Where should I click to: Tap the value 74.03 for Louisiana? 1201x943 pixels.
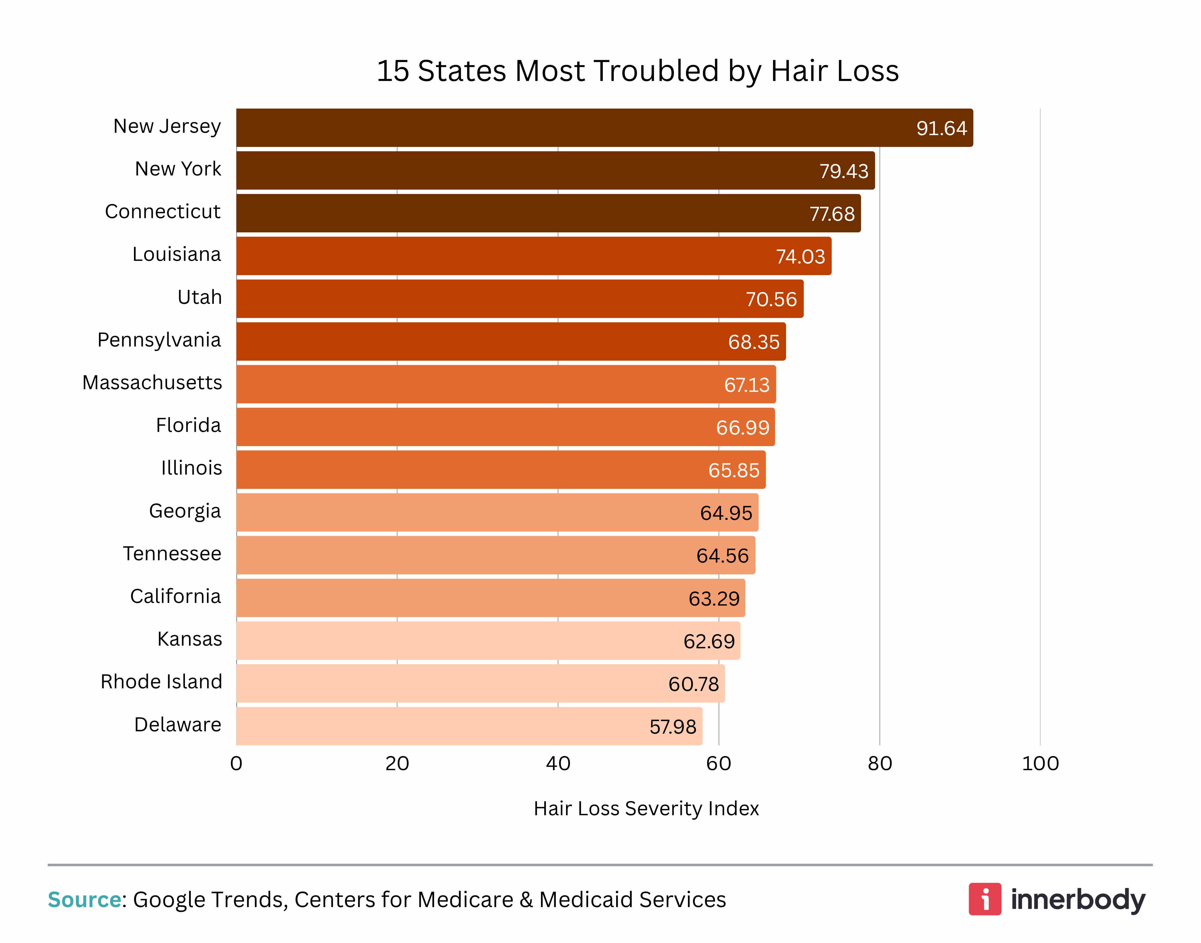pyautogui.click(x=800, y=257)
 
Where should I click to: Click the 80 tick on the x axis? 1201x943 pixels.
pyautogui.click(x=879, y=764)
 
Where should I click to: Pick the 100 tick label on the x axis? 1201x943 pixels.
pyautogui.click(x=1040, y=764)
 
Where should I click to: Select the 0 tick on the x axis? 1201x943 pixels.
pyautogui.click(x=236, y=764)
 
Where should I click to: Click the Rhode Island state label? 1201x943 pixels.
pyautogui.click(x=161, y=682)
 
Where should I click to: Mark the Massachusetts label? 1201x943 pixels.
pyautogui.click(x=152, y=383)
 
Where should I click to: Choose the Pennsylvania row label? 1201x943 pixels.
pyautogui.click(x=159, y=340)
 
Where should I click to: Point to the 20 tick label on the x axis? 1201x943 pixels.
pyautogui.click(x=397, y=764)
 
